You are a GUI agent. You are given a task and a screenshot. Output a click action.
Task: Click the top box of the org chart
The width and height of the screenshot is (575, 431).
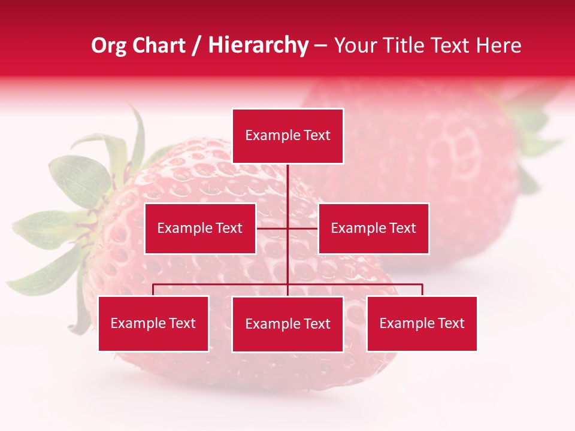point(287,136)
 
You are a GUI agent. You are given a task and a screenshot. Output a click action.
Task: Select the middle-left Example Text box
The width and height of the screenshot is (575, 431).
point(200,228)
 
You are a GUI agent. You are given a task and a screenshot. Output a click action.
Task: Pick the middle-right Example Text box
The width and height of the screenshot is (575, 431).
point(373,228)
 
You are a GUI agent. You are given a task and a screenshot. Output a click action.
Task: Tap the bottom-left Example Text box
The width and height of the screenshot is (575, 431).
point(153,323)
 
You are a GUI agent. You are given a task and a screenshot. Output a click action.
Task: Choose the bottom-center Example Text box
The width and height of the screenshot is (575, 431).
point(287,324)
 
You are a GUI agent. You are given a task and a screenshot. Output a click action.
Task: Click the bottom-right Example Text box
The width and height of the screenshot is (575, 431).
point(422,323)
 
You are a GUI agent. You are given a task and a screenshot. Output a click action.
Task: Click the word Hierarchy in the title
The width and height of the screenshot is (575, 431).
point(258,45)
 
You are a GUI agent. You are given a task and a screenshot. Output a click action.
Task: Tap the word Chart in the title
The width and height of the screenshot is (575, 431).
point(158,45)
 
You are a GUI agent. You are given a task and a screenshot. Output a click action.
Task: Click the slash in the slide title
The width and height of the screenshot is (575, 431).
point(196,46)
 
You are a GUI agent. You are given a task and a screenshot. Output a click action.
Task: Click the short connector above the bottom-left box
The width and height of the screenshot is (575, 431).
point(153,290)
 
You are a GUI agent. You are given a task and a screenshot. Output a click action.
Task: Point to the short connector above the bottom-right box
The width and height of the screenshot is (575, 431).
point(422,290)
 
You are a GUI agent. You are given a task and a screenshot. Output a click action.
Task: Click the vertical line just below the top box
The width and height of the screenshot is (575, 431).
point(287,180)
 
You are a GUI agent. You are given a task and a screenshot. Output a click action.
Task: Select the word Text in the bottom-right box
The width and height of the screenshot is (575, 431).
point(450,323)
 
